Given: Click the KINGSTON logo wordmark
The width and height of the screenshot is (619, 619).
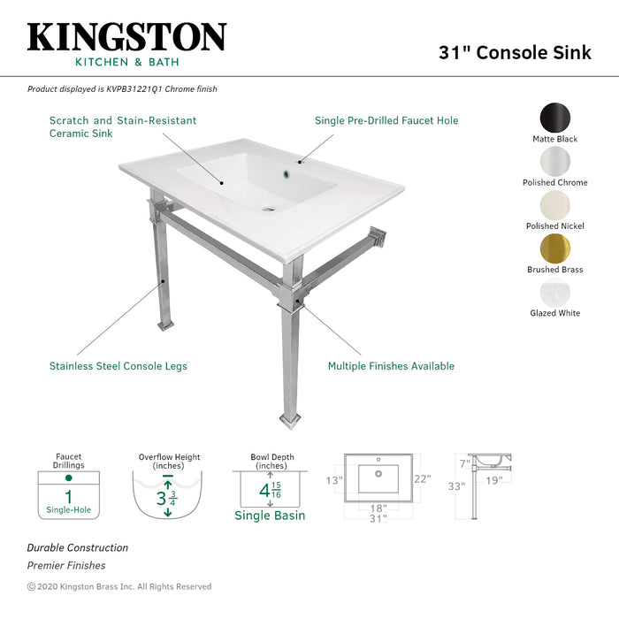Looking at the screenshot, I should point(126,37).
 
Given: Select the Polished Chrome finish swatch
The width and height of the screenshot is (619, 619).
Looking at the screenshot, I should point(555,161).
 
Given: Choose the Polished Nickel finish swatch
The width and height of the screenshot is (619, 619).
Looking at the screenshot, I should point(555,204).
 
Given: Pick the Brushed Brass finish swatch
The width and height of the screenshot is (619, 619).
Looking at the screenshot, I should point(555,248).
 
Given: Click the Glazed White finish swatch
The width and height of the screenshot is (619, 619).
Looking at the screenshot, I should point(555,291).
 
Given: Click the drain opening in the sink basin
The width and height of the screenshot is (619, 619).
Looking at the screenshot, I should point(269,210).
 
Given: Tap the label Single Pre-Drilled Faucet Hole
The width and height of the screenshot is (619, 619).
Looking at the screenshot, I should point(386,121).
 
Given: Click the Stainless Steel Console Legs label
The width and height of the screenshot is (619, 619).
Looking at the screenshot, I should point(118,366).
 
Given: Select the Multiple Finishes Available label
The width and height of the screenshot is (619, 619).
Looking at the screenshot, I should point(391,366).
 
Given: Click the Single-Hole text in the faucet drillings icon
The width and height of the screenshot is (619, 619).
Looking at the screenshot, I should point(68,510).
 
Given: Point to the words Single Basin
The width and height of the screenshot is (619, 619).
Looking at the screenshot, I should point(270,516).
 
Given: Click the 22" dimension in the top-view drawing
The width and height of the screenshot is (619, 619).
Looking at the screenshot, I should point(423,479).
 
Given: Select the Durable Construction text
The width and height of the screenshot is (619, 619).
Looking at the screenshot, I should point(77,548).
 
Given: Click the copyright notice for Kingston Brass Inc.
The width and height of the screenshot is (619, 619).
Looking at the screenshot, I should point(119,586).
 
